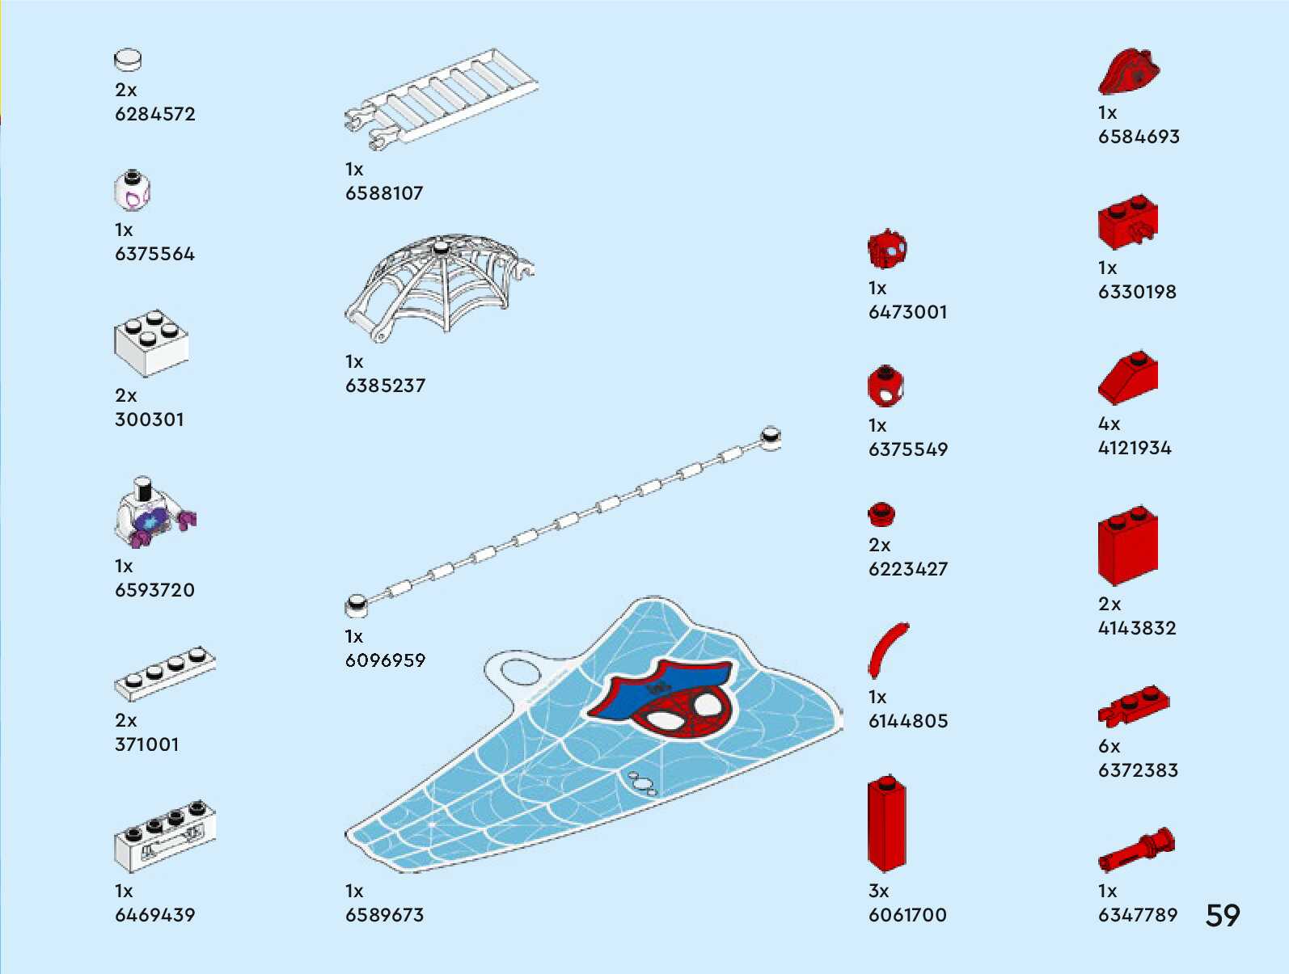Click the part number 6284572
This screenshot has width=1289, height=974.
[155, 114]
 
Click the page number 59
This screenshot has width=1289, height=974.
[1222, 915]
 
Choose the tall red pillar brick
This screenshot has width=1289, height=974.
[886, 824]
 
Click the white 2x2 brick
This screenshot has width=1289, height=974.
[151, 343]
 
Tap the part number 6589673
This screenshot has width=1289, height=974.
[384, 915]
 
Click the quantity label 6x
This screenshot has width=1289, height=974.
[1109, 747]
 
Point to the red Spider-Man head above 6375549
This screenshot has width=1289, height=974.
[885, 386]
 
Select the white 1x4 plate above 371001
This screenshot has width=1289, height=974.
[165, 673]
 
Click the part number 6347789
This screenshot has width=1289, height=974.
[1137, 915]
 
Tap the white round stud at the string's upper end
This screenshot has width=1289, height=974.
[771, 437]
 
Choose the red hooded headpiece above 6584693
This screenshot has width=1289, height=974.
[1129, 71]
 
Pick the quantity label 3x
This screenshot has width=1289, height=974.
[878, 891]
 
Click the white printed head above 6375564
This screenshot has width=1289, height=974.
[133, 191]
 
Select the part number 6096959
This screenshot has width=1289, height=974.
[385, 660]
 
